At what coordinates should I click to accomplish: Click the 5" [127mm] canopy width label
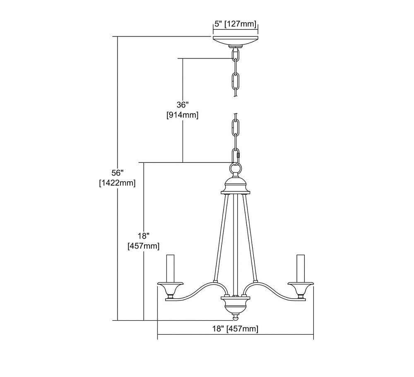point(236,24)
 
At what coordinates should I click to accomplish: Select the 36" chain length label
point(183,105)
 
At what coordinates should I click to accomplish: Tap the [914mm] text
point(183,115)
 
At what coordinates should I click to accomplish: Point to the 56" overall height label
point(118,173)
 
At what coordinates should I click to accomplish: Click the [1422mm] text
point(118,183)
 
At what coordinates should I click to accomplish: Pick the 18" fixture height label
point(143,236)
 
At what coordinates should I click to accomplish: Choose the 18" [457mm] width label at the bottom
point(235,329)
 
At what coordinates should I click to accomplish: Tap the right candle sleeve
point(301,268)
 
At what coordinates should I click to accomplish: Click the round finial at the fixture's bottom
point(236,317)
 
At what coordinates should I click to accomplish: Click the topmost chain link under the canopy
point(236,56)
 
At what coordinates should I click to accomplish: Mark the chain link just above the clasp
point(236,128)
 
